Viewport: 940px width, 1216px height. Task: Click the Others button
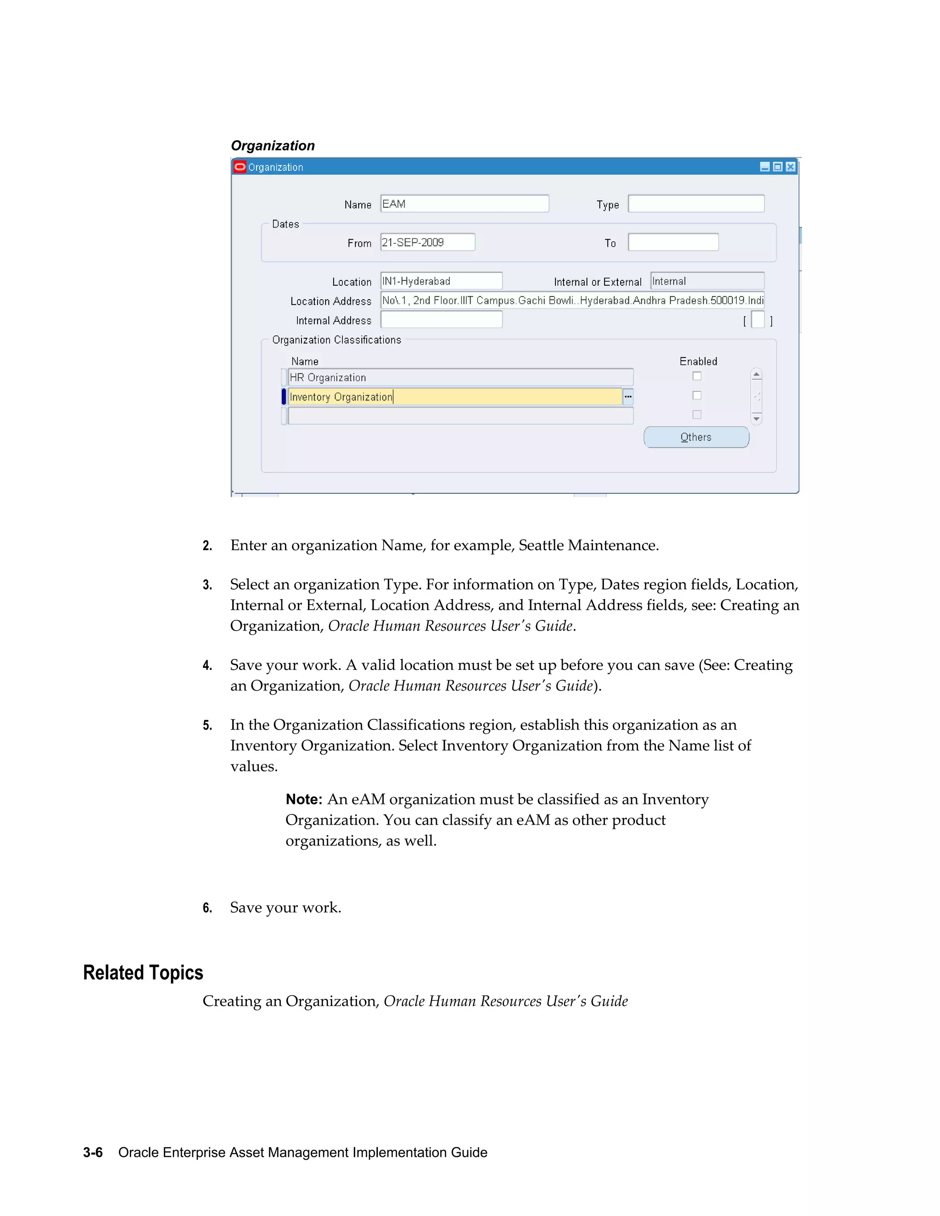coord(696,437)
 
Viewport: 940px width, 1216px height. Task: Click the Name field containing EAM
coord(464,204)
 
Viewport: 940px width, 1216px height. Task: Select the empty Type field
coord(696,204)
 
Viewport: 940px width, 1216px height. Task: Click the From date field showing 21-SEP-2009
coord(428,242)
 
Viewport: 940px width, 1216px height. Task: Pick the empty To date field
coord(673,242)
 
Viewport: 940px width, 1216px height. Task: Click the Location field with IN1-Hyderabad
coord(441,281)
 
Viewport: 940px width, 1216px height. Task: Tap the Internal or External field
coord(707,281)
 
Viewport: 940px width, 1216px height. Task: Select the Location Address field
coord(572,300)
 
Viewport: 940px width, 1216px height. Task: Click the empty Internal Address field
coord(441,319)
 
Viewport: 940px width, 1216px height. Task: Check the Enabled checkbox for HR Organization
coord(697,376)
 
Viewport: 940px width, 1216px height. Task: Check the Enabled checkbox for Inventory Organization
coord(697,395)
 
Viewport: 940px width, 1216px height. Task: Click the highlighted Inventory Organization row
coord(454,397)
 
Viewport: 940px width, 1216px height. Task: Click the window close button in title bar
coord(791,167)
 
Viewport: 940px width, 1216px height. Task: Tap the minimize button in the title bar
coord(765,167)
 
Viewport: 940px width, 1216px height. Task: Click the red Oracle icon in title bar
coord(240,167)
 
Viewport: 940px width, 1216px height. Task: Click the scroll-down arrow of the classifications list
coord(756,418)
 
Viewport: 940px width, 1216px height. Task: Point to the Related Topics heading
coord(143,973)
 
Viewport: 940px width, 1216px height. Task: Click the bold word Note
coord(303,799)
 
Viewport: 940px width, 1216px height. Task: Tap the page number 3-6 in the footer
coord(93,1153)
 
